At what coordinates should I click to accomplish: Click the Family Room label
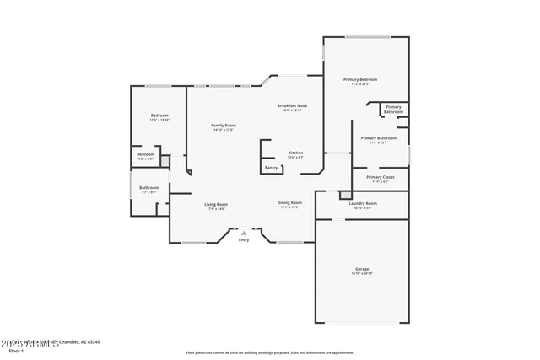pos(224,125)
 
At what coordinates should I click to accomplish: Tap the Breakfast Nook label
pos(293,105)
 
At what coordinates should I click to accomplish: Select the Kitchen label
pos(295,153)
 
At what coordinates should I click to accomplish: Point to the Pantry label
pos(271,168)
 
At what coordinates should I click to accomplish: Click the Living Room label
pos(216,204)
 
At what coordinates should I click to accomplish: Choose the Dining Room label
pos(289,202)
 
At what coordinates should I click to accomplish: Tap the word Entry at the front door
pos(244,240)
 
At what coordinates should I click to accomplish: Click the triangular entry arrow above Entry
pos(244,233)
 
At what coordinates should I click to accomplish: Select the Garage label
pos(361,269)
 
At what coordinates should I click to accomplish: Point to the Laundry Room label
pos(363,203)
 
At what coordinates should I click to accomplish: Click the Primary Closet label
pos(380,177)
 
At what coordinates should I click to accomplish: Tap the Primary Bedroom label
pos(360,79)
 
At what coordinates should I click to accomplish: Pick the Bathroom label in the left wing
pos(149,187)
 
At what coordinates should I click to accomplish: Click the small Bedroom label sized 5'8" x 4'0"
pos(146,154)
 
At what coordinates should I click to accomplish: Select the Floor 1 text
pos(11,350)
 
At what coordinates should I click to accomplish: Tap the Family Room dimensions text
pos(224,130)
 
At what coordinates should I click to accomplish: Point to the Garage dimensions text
pos(361,274)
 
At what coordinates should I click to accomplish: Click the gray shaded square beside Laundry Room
pos(344,195)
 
